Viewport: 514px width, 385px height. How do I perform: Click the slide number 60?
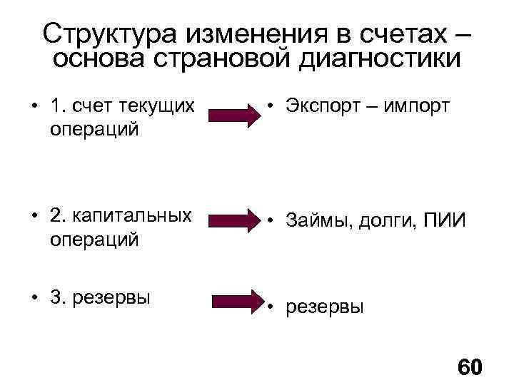[469, 368]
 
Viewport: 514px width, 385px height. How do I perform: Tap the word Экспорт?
[327, 106]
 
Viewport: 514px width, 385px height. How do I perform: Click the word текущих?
[158, 106]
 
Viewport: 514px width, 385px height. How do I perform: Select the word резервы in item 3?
[114, 297]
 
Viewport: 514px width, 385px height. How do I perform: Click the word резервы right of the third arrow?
[325, 307]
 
